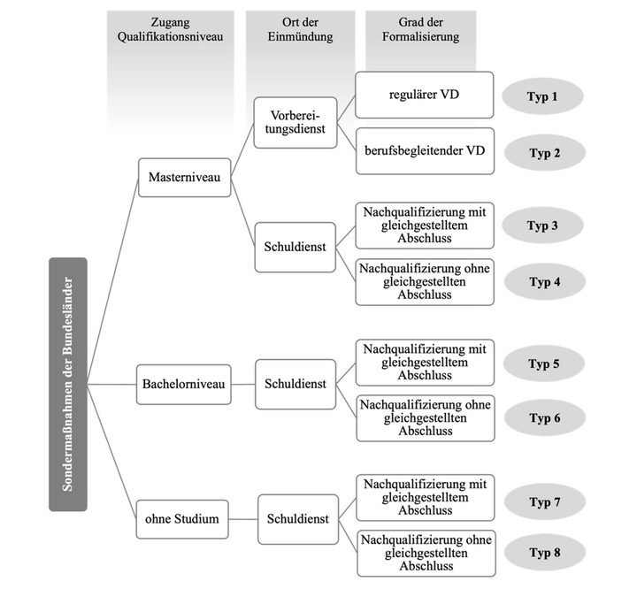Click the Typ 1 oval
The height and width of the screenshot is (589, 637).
point(542,96)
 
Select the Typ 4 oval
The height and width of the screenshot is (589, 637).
point(543,282)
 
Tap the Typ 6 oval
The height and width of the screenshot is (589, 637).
point(543,418)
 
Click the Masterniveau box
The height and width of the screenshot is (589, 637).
point(185,177)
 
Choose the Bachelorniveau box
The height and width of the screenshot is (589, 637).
point(186,385)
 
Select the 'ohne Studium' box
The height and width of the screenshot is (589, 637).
point(181,519)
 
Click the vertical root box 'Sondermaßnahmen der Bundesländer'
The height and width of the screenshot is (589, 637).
point(68,384)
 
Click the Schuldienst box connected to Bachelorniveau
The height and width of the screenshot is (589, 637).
point(296,385)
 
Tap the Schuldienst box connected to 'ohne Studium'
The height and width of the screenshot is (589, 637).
point(297,519)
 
